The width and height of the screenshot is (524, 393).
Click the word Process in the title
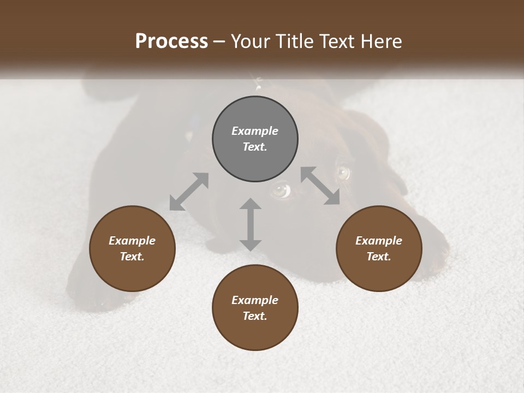click(171, 41)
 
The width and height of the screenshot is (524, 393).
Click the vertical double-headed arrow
click(251, 224)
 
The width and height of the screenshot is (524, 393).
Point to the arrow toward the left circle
click(189, 192)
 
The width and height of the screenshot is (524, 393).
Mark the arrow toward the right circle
click(320, 186)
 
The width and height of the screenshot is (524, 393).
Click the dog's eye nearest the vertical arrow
click(280, 189)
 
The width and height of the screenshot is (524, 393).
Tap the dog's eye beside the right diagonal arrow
click(343, 172)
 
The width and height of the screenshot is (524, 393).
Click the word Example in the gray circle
click(255, 131)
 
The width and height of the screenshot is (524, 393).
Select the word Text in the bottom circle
click(254, 316)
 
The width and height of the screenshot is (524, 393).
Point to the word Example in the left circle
click(132, 241)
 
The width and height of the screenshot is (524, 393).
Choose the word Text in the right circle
click(378, 257)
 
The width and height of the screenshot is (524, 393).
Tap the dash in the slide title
click(219, 42)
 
